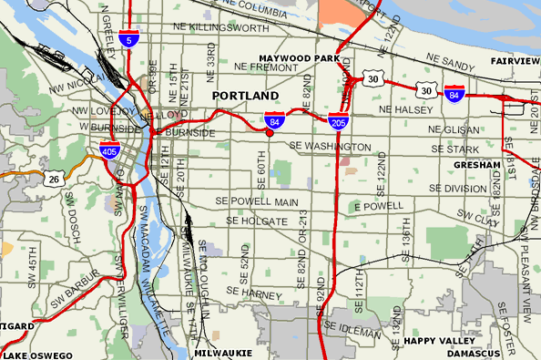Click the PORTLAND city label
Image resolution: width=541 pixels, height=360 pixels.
click(245, 96)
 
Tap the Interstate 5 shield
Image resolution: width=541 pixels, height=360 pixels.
click(134, 40)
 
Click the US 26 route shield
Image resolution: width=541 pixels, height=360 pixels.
click(53, 178)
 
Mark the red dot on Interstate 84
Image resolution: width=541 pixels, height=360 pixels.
click(270, 133)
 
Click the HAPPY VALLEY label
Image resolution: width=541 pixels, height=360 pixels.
click(434, 341)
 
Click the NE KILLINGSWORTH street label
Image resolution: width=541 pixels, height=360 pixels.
click(218, 28)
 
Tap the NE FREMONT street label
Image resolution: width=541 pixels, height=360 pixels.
click(262, 67)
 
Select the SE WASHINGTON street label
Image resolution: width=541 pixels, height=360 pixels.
click(330, 146)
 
